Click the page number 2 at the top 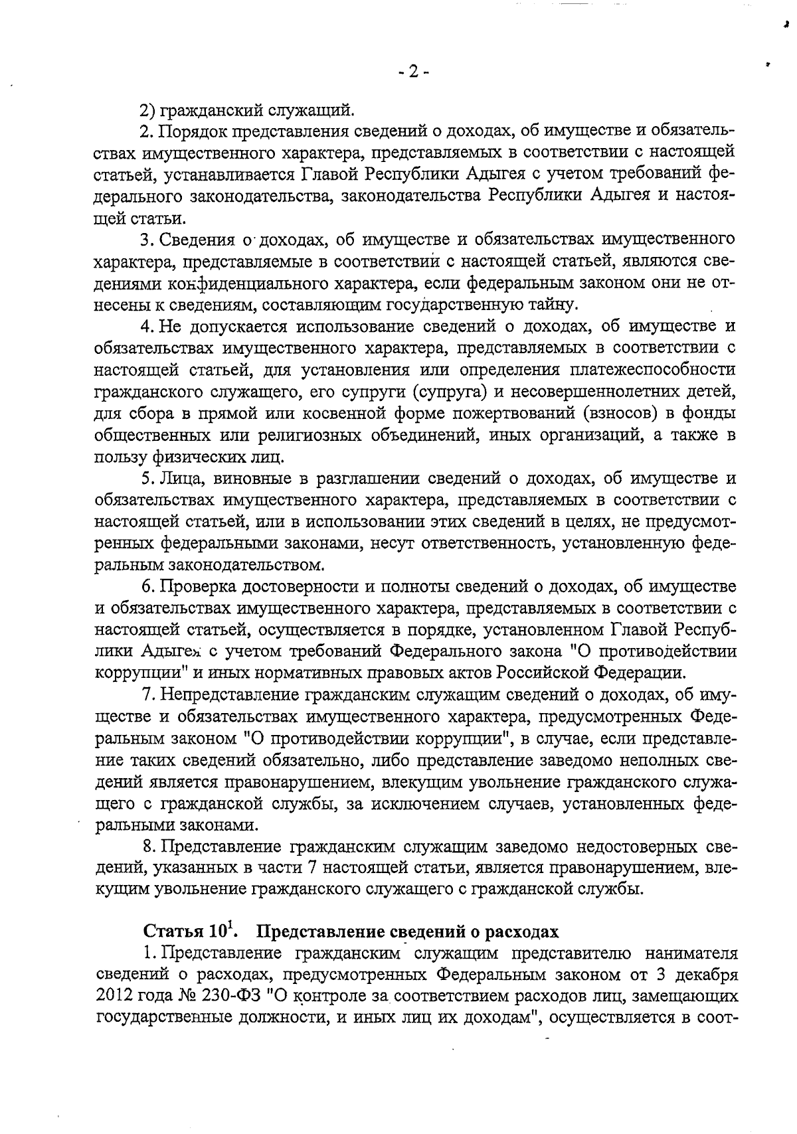pyautogui.click(x=412, y=72)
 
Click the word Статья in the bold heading pyautogui.click(x=172, y=931)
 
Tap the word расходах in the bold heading pyautogui.click(x=523, y=931)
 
